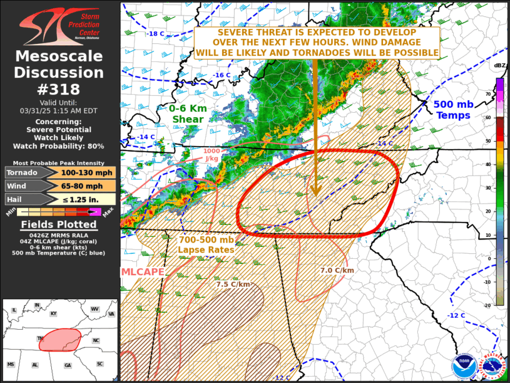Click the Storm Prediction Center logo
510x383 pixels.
tap(59, 24)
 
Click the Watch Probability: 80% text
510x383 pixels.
tap(59, 146)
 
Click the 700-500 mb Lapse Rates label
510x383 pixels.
tap(207, 244)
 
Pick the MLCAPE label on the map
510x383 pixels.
tap(143, 272)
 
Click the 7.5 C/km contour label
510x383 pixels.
tap(233, 284)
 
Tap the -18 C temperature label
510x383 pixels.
tap(156, 34)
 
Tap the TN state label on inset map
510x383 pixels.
tap(41, 338)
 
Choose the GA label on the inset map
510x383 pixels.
tap(67, 365)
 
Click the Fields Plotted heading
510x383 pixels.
tap(59, 224)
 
